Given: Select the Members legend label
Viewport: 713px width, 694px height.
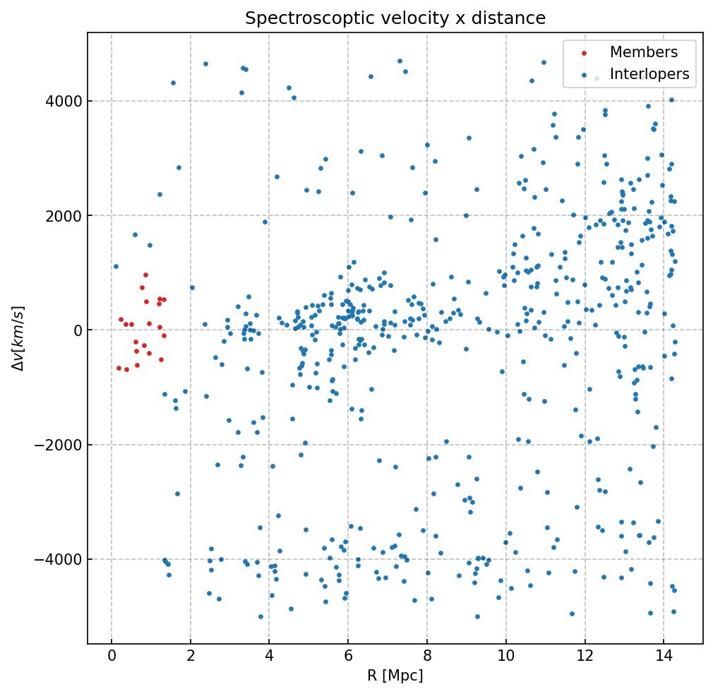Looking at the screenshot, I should pos(643,52).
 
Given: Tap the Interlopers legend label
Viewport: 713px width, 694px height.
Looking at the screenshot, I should pos(649,74).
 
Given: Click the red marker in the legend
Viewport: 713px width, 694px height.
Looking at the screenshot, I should pos(583,53).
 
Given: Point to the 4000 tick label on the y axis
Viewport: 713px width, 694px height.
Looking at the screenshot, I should pos(61,101).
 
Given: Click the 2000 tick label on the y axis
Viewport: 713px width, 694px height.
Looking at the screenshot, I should pos(61,215).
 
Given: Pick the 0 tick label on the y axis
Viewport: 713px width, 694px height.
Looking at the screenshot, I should pos(77,330).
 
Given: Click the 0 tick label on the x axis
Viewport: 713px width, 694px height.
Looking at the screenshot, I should pos(112,657).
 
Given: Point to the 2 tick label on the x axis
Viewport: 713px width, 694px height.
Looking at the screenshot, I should pos(190,657).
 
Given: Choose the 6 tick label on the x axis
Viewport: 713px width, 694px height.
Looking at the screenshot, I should pos(348,657).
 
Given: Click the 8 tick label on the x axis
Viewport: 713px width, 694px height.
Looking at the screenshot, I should pos(426,657).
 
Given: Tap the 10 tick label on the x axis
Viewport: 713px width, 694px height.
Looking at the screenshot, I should pos(505,657).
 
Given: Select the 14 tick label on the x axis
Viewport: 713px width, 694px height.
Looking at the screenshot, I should pos(663,657).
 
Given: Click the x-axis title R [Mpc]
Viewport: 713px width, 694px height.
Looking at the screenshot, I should pos(395,676).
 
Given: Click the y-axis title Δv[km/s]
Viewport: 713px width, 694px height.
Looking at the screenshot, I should pos(19,338).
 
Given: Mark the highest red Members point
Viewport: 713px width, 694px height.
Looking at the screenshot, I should pos(145,275).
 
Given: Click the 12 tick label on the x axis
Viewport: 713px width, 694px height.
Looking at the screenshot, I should pos(585,657).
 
